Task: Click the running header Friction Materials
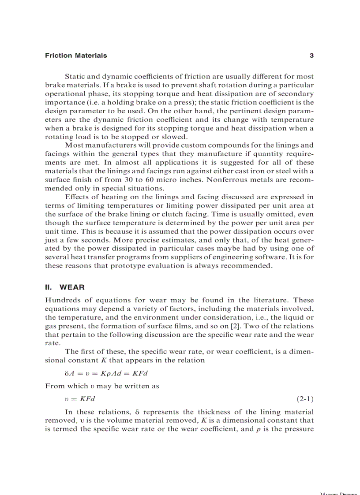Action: point(76,56)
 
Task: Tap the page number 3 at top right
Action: point(311,56)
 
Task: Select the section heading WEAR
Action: point(69,287)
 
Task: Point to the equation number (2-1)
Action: point(304,399)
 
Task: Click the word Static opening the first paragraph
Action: point(75,77)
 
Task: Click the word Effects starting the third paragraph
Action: point(77,197)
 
